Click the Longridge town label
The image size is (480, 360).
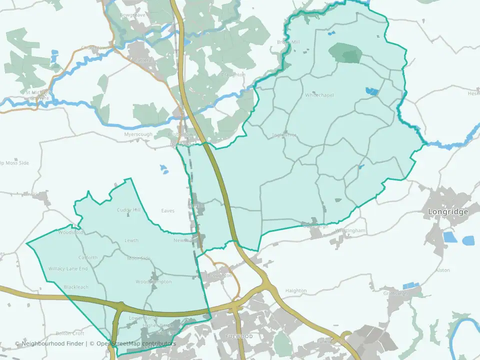click(x=448, y=211)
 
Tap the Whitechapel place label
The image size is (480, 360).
click(x=319, y=95)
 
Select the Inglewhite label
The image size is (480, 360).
click(x=284, y=135)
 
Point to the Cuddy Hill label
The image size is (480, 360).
click(x=129, y=210)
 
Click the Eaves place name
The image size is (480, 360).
click(x=168, y=211)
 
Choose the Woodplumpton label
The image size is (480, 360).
click(x=153, y=282)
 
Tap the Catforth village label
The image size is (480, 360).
click(x=88, y=258)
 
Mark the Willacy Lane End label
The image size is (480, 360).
click(x=68, y=269)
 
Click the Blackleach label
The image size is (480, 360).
click(x=76, y=287)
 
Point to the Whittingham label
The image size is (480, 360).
click(x=350, y=230)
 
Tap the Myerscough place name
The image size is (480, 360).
click(x=138, y=135)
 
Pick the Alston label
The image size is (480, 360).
click(x=442, y=270)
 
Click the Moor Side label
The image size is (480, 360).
click(x=138, y=258)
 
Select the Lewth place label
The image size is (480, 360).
click(x=131, y=240)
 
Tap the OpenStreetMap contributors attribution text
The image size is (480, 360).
click(x=136, y=343)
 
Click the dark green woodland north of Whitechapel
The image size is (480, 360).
click(x=345, y=52)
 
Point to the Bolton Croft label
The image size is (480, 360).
click(x=70, y=333)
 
